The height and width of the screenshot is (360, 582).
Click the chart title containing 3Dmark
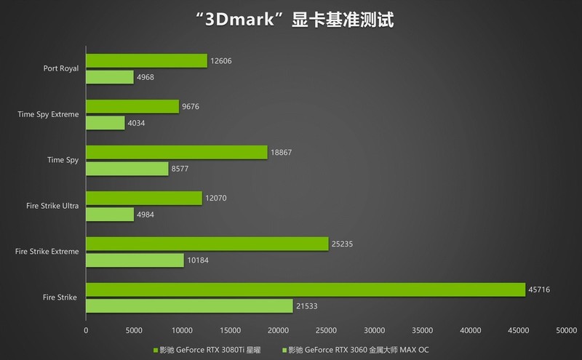coord(290,20)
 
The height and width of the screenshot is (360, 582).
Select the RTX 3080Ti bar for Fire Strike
coord(306,289)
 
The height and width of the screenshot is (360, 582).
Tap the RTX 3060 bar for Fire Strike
coord(189,305)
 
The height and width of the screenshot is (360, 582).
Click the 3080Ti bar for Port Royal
coord(146,61)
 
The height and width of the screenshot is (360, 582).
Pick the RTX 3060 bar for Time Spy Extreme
coord(105,123)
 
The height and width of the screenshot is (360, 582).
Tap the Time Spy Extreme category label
coord(48,115)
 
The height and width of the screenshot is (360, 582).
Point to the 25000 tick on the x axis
coord(327,330)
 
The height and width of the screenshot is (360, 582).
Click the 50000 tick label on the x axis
coord(567,330)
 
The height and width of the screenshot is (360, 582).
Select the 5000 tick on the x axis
coord(134,330)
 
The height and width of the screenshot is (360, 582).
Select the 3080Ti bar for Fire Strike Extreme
coord(207,244)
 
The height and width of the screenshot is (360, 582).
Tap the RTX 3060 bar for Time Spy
coord(127,168)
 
